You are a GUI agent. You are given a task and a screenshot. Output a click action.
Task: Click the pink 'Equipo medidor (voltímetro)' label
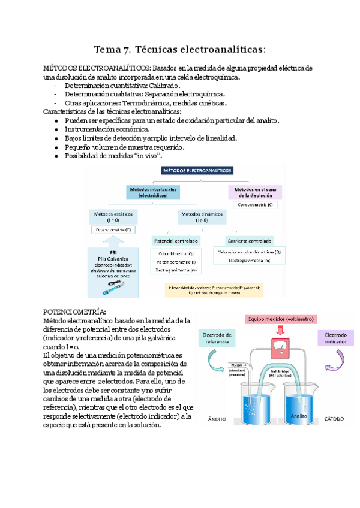(280, 319)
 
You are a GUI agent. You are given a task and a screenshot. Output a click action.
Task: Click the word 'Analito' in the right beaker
(299, 415)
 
